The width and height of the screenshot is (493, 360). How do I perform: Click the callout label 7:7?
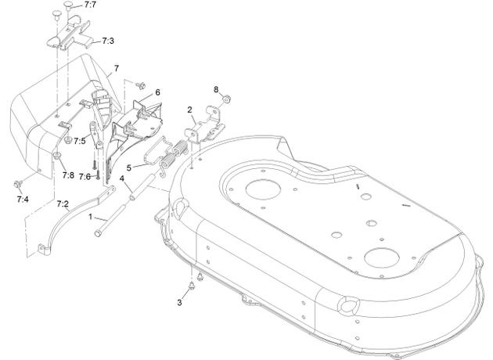coord(90,5)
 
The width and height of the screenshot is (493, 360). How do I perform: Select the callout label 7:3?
coord(108,41)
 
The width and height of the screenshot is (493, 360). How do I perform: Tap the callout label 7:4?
coord(23,199)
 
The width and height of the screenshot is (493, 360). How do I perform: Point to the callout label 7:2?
coord(63,204)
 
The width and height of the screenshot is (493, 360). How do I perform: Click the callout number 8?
coord(216,89)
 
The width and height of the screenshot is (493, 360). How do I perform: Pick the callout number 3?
coord(179,302)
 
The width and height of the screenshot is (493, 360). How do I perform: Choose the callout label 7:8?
coord(68,175)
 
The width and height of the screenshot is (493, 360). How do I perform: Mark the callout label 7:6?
coord(85,177)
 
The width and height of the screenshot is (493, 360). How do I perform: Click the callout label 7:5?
coord(80,141)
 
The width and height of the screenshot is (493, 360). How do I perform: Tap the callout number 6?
coord(157,92)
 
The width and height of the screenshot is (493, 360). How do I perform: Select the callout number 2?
coord(189,110)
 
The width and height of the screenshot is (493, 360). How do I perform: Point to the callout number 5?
coord(129,168)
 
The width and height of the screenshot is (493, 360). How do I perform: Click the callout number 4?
coord(121,178)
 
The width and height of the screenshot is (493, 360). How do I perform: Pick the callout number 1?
coord(91,217)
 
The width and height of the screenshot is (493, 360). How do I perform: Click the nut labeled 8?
coord(225,100)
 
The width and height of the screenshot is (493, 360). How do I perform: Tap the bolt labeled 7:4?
coord(17,184)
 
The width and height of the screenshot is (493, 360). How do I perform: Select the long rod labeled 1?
coord(110,219)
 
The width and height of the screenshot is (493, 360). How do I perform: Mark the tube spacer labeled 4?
coord(142,187)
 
